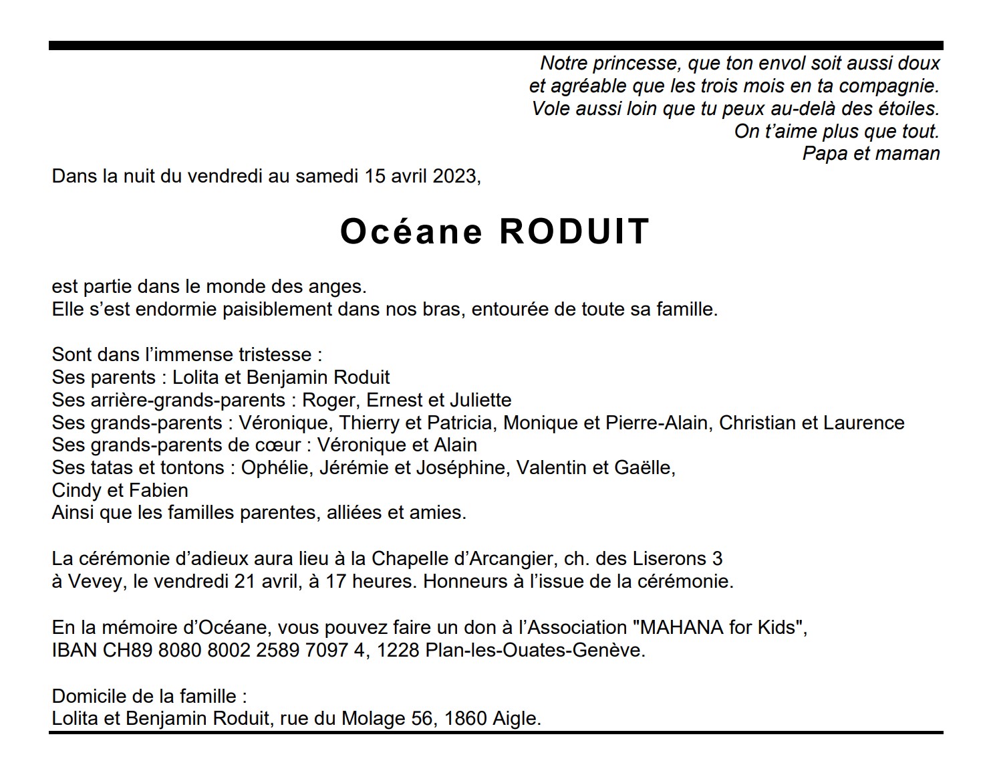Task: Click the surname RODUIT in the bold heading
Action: click(574, 231)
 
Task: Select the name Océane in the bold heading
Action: click(411, 231)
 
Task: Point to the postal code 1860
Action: click(465, 719)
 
